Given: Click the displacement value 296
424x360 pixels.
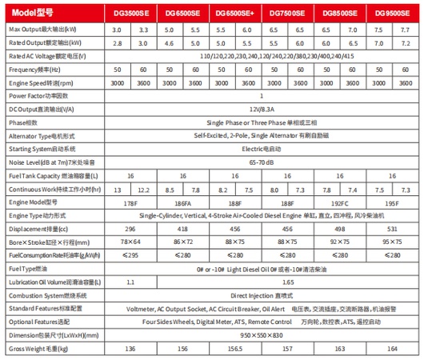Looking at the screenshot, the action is [130, 227].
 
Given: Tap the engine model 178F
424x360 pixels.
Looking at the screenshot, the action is [130, 202].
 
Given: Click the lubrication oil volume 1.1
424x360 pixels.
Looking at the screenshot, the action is [130, 282].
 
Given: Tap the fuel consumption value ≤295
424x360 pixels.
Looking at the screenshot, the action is [130, 254].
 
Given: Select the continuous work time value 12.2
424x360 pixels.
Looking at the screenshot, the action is [143, 190].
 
